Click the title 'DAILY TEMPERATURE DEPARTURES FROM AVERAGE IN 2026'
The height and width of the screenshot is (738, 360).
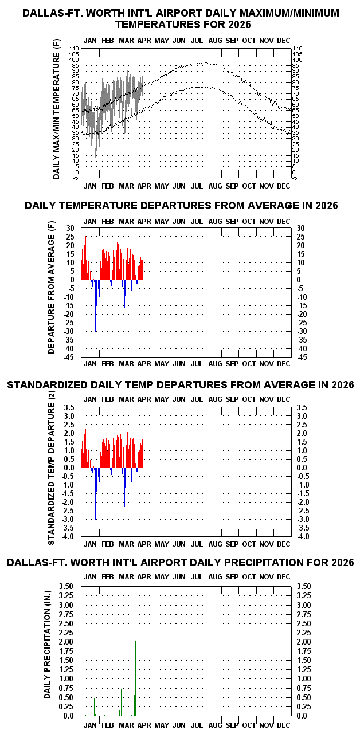coord(181,206)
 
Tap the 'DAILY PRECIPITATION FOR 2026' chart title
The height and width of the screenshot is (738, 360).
coord(180,563)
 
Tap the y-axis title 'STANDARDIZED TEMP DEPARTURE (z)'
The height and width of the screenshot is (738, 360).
coord(52,473)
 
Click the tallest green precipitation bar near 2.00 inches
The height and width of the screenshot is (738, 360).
coord(135,676)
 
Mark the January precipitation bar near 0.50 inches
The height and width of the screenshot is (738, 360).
coord(94,706)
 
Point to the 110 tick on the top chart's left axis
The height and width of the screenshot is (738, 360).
coord(73,49)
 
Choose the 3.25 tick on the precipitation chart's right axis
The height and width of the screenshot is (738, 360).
coord(304,596)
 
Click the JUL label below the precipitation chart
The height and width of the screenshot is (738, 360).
coord(196,725)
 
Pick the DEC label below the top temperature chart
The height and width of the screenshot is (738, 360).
coord(283,186)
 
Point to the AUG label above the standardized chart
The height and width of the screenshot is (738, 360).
coord(216,399)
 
